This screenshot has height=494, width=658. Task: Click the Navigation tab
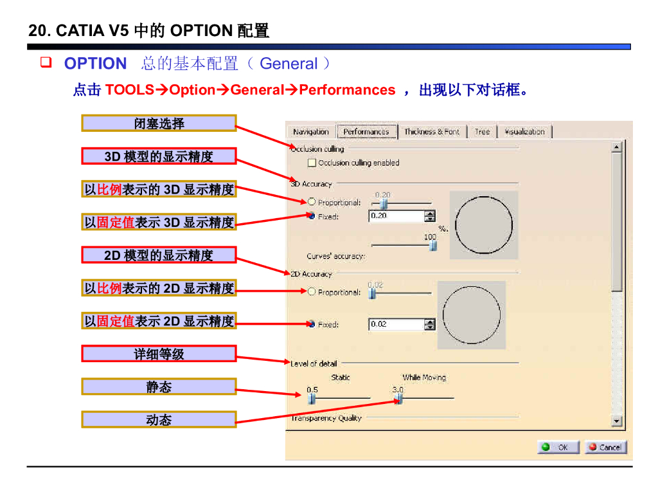(x=311, y=132)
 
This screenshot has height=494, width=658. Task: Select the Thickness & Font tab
(x=432, y=132)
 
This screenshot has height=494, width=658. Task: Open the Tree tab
(x=482, y=132)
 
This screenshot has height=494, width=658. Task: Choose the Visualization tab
(x=524, y=132)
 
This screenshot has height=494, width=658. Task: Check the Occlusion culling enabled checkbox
(x=312, y=163)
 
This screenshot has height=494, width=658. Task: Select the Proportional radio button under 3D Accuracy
(x=312, y=202)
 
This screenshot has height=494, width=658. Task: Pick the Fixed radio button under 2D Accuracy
(x=312, y=324)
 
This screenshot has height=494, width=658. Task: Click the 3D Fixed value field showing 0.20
(x=396, y=216)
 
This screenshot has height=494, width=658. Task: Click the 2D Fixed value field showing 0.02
(x=396, y=324)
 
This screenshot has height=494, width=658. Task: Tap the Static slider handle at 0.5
(x=312, y=399)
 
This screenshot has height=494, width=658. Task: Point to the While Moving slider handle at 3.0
(x=399, y=399)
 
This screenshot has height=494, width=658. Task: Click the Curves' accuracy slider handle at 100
(x=432, y=245)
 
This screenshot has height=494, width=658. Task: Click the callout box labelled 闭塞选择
(x=159, y=123)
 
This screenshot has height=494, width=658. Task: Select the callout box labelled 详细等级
(x=159, y=354)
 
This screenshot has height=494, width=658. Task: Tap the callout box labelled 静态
(x=159, y=387)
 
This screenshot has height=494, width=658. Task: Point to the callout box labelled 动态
(x=159, y=419)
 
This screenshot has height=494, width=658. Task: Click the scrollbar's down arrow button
(x=617, y=421)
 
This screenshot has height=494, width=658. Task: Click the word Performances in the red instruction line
(x=347, y=90)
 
